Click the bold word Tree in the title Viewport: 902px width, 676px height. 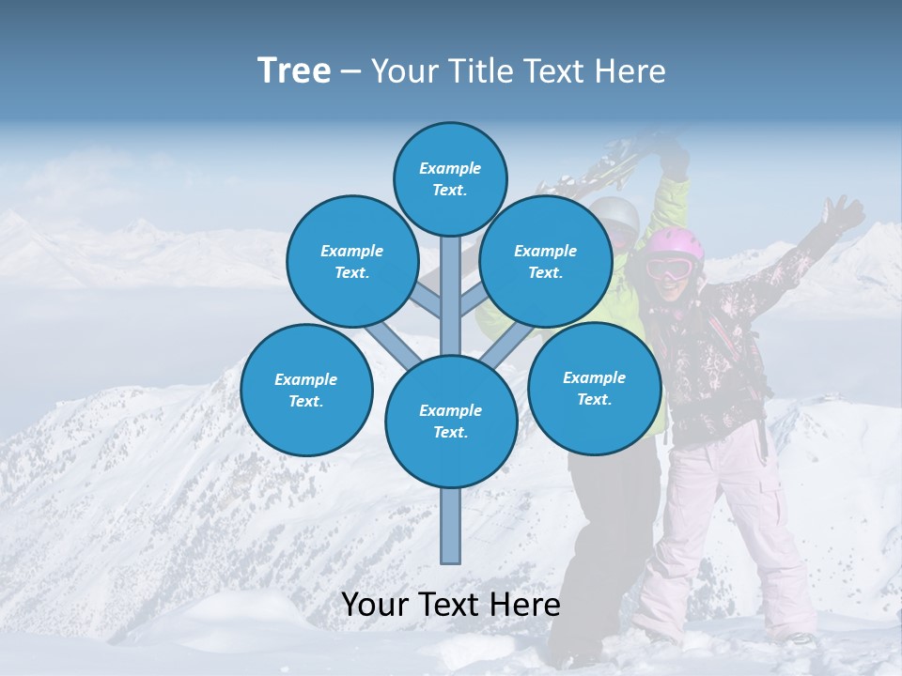[294, 71]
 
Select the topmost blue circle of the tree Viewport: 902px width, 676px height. [450, 178]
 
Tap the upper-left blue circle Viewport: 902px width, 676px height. [351, 261]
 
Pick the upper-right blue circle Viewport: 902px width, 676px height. [546, 261]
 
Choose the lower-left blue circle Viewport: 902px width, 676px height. [306, 390]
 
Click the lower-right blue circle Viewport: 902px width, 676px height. [594, 388]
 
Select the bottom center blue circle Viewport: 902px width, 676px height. [451, 422]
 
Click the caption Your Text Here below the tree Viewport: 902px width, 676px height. [451, 605]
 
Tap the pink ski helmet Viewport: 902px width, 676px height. [675, 244]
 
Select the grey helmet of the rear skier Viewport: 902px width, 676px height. [615, 214]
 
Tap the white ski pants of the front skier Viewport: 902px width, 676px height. [714, 526]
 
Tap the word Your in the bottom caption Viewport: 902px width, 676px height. [376, 605]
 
